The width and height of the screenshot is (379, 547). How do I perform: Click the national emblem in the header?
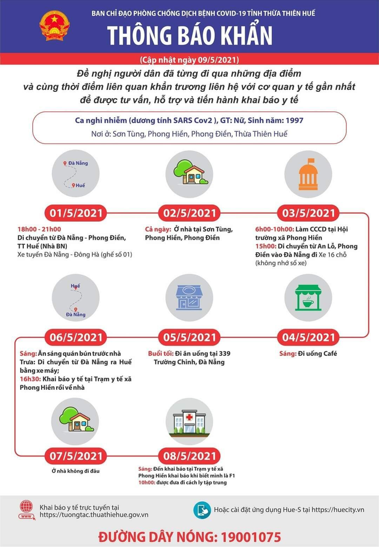point(54,25)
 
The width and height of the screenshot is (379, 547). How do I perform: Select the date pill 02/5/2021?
point(189,213)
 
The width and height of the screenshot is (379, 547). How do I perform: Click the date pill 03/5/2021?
point(308,213)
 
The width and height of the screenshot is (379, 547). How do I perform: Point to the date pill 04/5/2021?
point(308,337)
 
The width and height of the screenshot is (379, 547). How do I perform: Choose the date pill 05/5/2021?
point(189,337)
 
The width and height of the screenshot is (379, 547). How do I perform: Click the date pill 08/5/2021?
point(189,456)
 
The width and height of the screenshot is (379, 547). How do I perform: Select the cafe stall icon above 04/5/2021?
point(308,298)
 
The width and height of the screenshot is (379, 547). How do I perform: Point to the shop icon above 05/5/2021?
point(189,298)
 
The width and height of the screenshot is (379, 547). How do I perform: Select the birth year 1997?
point(292,120)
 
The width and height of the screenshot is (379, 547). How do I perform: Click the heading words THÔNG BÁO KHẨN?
point(190,35)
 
